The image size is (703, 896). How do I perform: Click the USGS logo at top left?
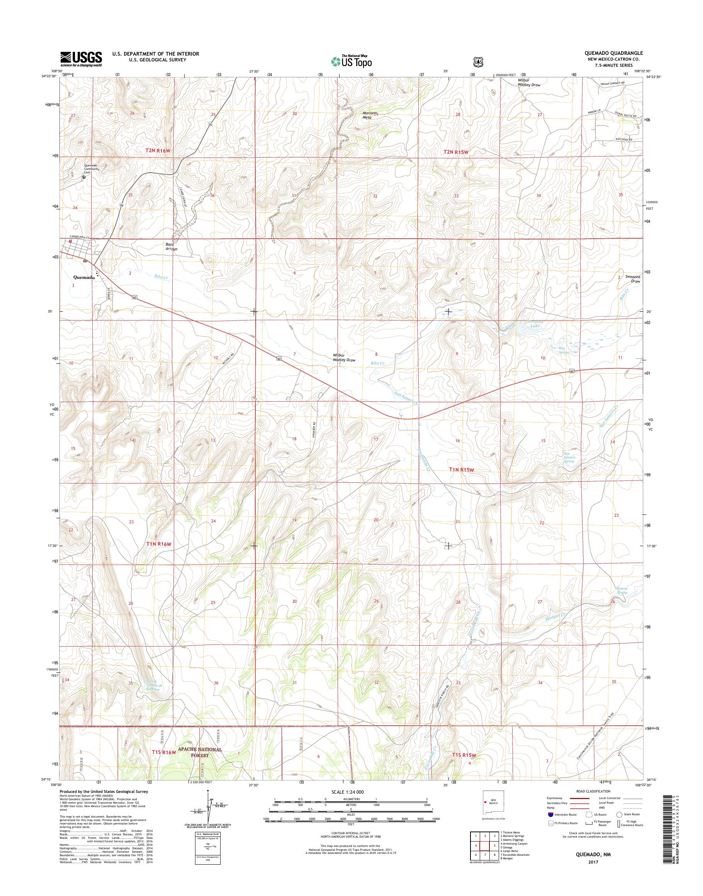[x=81, y=59]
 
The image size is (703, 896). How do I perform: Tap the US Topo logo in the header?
[x=351, y=61]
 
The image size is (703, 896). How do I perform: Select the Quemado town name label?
[x=84, y=277]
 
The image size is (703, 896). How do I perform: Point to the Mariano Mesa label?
[x=367, y=115]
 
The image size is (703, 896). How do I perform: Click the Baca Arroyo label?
[x=171, y=246]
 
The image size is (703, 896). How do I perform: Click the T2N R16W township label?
[x=157, y=151]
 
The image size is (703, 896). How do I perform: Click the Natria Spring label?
[x=622, y=590]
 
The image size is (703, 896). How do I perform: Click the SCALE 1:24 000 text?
[x=348, y=792]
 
